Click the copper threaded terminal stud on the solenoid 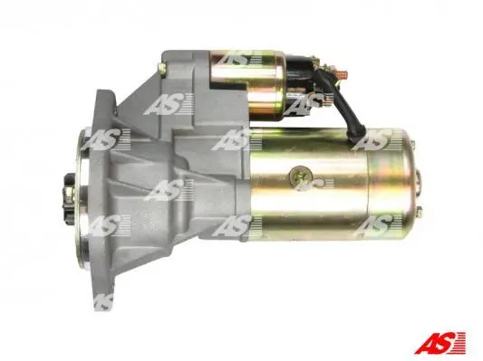pos(341,75)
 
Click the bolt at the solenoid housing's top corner pos(162,67)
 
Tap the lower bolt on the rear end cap pos(419,212)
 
